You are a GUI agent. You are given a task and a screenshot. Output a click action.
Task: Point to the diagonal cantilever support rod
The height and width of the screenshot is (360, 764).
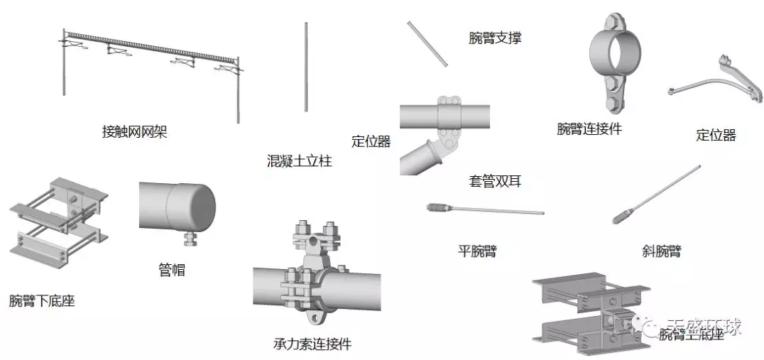point(427,45)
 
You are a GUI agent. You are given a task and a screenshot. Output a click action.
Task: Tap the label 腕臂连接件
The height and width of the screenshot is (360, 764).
point(589,129)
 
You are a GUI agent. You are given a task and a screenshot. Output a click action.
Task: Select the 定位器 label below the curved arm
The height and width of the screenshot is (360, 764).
point(716,135)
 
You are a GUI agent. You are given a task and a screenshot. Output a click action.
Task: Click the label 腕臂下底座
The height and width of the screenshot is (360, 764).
point(42,301)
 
